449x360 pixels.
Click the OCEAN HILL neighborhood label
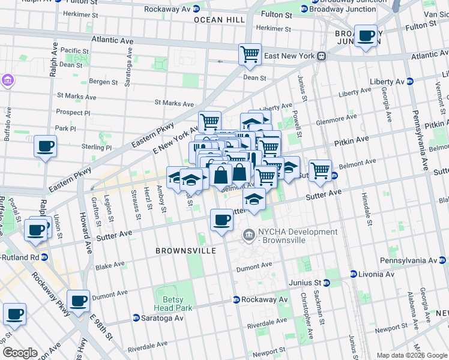coord(219,20)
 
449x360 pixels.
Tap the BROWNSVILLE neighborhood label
coord(185,250)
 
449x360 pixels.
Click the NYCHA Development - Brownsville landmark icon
coord(249,233)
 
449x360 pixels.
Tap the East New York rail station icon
coord(322,56)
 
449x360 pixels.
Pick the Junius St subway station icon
coord(327,283)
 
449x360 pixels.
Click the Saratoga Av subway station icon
coord(136,318)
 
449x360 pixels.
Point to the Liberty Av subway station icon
coord(410,82)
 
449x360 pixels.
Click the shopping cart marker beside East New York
coord(250,54)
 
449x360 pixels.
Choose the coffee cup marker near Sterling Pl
coord(46,146)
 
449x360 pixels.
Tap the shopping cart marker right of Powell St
coord(321,170)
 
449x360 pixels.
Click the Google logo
coord(20,353)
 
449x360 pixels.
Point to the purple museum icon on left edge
coord(7,80)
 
